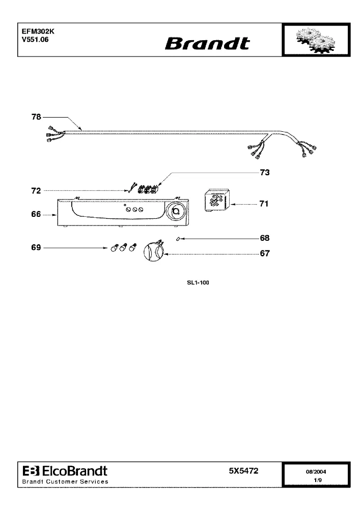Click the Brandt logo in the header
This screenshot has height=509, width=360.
tap(207, 43)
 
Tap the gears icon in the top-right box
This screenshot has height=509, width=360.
tap(316, 40)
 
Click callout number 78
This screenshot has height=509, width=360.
tap(36, 117)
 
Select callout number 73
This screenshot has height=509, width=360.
tap(265, 173)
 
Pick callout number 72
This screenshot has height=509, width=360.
tap(36, 190)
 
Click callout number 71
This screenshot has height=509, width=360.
tap(264, 204)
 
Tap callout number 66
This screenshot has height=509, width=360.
tap(36, 214)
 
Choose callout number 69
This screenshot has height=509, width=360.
tap(36, 248)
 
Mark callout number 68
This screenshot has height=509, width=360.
tap(265, 238)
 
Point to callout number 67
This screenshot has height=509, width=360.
tap(265, 253)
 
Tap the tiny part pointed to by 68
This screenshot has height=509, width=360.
tap(178, 239)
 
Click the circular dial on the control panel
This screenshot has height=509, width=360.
tap(176, 212)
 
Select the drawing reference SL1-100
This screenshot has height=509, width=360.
tap(198, 282)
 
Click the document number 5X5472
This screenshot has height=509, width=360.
tap(244, 471)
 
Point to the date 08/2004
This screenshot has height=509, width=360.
tap(316, 472)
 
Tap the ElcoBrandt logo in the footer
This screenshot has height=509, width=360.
tap(65, 471)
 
